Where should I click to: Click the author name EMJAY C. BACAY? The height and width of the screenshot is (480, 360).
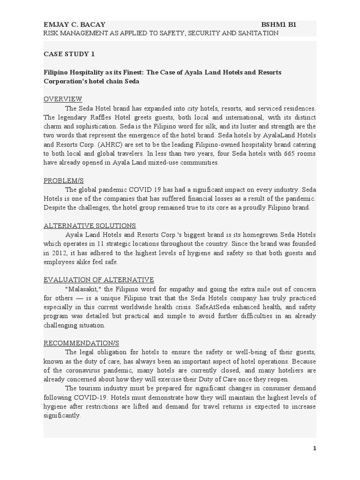pyautogui.click(x=75, y=24)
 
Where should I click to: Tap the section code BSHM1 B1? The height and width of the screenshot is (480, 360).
pyautogui.click(x=279, y=24)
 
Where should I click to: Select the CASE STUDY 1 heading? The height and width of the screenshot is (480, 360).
pyautogui.click(x=69, y=54)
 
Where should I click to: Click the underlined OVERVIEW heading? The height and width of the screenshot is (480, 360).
pyautogui.click(x=63, y=99)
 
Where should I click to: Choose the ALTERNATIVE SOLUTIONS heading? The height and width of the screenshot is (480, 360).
pyautogui.click(x=90, y=225)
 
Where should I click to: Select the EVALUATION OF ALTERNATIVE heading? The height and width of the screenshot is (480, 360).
pyautogui.click(x=99, y=280)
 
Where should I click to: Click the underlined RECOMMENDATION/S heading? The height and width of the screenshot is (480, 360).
pyautogui.click(x=78, y=343)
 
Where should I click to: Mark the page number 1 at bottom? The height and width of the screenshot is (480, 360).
pyautogui.click(x=315, y=449)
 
